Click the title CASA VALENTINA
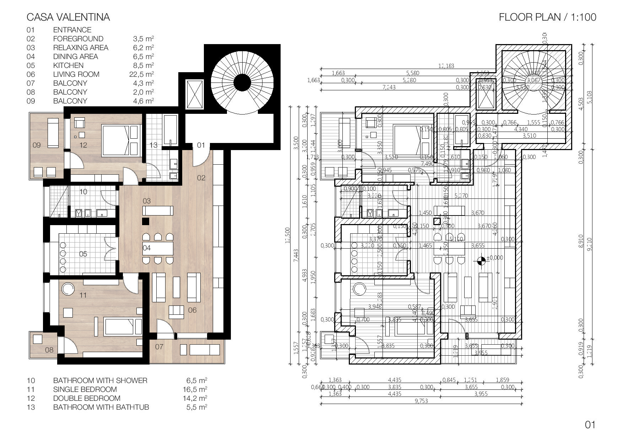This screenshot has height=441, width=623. pyautogui.click(x=68, y=17)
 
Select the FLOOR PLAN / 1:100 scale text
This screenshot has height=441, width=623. pyautogui.click(x=547, y=17)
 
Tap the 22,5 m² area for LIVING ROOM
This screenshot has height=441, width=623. pyautogui.click(x=141, y=74)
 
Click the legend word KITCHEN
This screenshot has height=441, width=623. pyautogui.click(x=68, y=65)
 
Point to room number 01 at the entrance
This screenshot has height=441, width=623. pyautogui.click(x=201, y=145)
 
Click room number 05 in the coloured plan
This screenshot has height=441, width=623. pyautogui.click(x=83, y=254)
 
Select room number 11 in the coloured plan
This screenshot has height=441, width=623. pyautogui.click(x=83, y=295)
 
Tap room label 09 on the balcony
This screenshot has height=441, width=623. pyautogui.click(x=37, y=145)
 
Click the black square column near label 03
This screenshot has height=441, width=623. pyautogui.click(x=145, y=221)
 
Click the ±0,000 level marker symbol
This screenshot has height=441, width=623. pyautogui.click(x=482, y=261)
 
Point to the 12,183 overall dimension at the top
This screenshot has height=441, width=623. pyautogui.click(x=446, y=66)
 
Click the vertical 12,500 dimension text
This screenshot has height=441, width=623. pyautogui.click(x=288, y=235)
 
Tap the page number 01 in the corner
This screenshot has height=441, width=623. pyautogui.click(x=590, y=425)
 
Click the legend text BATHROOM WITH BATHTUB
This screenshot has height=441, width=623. pyautogui.click(x=101, y=407)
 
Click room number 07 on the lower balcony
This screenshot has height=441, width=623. pyautogui.click(x=159, y=346)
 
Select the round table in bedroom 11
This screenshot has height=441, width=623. pyautogui.click(x=67, y=289)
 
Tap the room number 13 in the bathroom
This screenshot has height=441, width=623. pyautogui.click(x=153, y=145)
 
